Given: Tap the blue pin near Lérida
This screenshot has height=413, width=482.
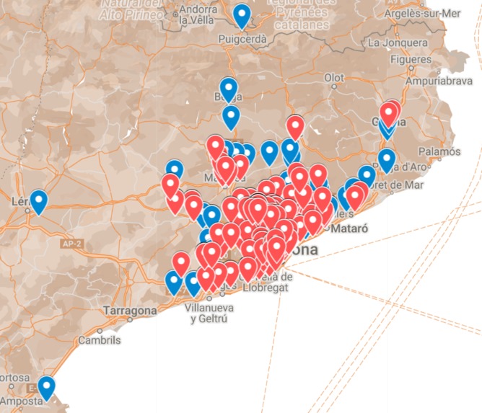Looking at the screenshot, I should coord(38,201).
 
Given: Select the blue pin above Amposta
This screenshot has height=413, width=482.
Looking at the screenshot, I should coord(47,387).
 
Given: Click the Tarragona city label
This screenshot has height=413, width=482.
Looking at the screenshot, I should coord(130,311).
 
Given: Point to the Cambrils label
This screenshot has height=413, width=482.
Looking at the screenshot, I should coord(100,339).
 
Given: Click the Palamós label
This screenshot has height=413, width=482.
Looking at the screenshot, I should coord(439,152).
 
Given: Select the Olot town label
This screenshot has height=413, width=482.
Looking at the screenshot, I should coord(334,77).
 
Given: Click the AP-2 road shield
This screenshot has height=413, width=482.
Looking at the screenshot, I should coord(71,245).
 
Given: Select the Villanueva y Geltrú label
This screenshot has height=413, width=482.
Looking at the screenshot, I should coord(206,312).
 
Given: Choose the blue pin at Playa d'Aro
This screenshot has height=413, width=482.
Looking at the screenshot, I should coord(387,159).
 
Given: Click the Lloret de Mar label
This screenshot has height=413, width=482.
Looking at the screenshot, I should coord(397,185).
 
